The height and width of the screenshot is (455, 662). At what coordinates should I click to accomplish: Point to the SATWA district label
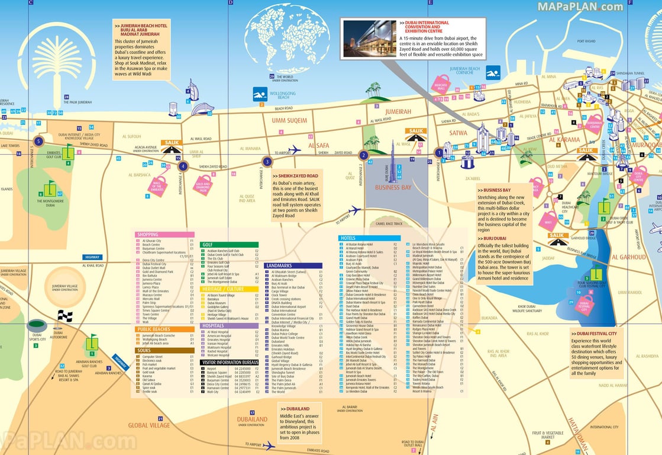pyautogui.click(x=458, y=133)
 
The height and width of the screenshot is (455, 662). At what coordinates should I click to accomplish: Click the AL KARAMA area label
pyautogui.click(x=564, y=140)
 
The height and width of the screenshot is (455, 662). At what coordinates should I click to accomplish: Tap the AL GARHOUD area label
pyautogui.click(x=628, y=257)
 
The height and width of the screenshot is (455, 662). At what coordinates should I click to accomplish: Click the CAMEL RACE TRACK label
pyautogui.click(x=389, y=223)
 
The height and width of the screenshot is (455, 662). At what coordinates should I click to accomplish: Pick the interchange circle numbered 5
pyautogui.click(x=39, y=141)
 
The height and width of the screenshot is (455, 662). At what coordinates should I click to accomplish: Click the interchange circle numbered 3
pyautogui.click(x=267, y=161)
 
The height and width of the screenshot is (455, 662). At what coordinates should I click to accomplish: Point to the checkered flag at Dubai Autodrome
pyautogui.click(x=65, y=316)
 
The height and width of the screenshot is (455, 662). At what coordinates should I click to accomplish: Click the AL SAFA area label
pyautogui.click(x=318, y=145)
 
